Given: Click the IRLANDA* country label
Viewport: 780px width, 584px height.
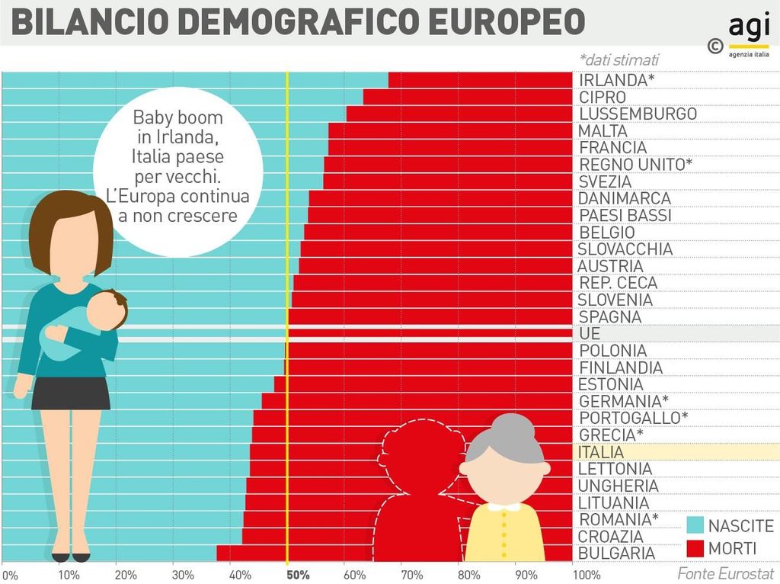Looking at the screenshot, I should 616,81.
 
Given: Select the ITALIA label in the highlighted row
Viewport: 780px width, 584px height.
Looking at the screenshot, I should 601,452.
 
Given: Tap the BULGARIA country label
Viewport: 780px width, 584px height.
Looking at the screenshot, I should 616,553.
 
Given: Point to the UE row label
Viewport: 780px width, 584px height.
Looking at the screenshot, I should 590,334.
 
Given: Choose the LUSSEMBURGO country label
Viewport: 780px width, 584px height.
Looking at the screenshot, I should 638,114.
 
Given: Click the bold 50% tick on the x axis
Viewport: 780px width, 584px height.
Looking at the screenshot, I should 298,574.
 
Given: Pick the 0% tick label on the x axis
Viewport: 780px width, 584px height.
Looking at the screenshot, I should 9,574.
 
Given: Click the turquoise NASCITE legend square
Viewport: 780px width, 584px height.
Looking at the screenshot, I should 695,525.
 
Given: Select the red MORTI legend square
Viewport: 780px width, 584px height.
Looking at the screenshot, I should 695,548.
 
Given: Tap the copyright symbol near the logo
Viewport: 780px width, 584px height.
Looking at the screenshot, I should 714,47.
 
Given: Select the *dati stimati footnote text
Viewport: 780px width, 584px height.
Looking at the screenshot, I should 619,59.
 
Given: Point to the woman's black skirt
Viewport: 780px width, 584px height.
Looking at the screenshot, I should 71,393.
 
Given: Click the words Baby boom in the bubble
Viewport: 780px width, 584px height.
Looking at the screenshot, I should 177,118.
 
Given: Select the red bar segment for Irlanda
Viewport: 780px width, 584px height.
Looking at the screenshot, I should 480,80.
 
